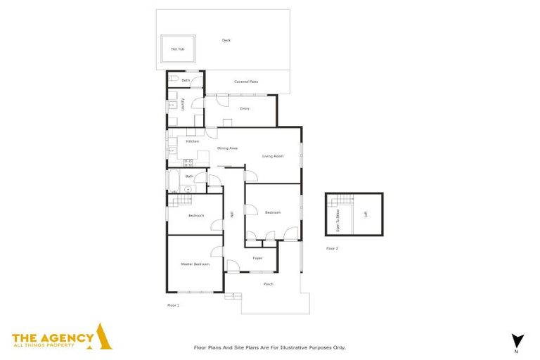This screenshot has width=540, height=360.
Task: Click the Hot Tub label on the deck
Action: click(178, 49)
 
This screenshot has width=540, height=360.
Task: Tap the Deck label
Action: click(226, 40)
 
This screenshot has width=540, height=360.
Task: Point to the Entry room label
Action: click(245, 108)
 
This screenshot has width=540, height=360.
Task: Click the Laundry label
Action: click(183, 105)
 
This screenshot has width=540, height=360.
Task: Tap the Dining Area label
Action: click(227, 148)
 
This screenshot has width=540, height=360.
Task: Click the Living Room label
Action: click(273, 156)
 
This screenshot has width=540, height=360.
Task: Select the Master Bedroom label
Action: click(195, 264)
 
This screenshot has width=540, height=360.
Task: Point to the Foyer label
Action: click(258, 259)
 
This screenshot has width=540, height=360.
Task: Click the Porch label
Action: click(268, 284)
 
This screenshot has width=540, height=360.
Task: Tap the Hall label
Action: click(232, 214)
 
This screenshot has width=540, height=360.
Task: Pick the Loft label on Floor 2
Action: click(365, 215)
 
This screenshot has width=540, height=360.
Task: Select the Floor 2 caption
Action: click(332, 248)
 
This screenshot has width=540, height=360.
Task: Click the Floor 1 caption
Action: click(173, 305)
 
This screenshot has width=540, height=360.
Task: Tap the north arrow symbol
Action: click(518, 339)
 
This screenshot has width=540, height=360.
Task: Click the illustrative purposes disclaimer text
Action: click(269, 347)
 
